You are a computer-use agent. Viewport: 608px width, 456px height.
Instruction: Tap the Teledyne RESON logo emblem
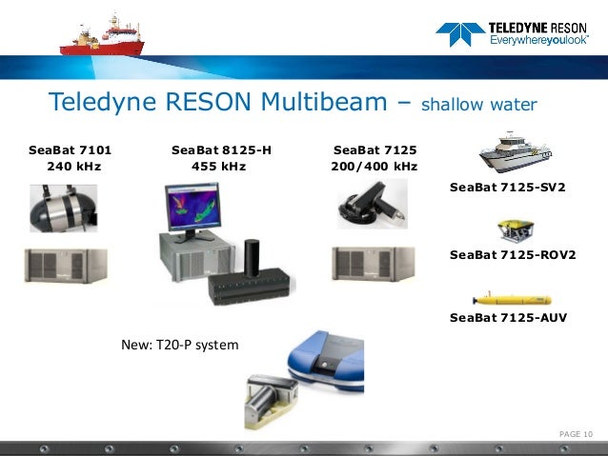tap(459, 35)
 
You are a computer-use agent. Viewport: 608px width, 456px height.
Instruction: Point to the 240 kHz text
tap(73, 167)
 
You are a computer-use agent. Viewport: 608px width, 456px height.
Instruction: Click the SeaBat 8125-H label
tap(221, 150)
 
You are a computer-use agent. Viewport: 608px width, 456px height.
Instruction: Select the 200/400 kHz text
tap(373, 167)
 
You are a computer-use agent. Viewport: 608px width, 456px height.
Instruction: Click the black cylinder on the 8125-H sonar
tap(253, 257)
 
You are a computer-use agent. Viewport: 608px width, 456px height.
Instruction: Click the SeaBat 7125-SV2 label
tap(507, 188)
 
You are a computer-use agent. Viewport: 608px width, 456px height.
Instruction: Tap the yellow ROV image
tap(514, 231)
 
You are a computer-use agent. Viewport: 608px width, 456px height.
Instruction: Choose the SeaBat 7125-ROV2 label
tap(513, 255)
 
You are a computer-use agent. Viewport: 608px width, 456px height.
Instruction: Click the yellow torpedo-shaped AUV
tap(513, 297)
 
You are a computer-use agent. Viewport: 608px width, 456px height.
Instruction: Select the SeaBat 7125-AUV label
tap(508, 318)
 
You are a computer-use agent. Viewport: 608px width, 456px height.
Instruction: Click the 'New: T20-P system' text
tap(180, 344)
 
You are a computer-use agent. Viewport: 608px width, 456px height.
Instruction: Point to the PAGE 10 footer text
tap(576, 434)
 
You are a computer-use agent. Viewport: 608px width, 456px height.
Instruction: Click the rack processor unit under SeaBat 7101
tap(66, 266)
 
